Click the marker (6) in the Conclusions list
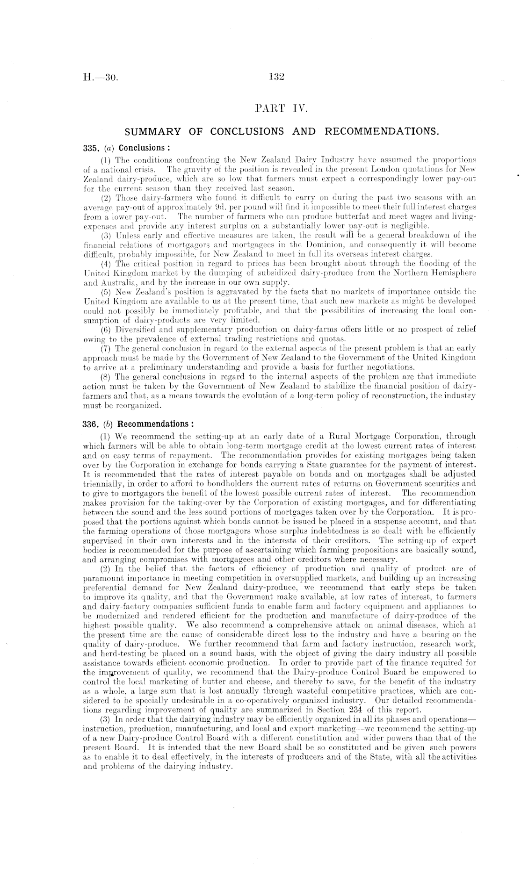click(107, 330)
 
